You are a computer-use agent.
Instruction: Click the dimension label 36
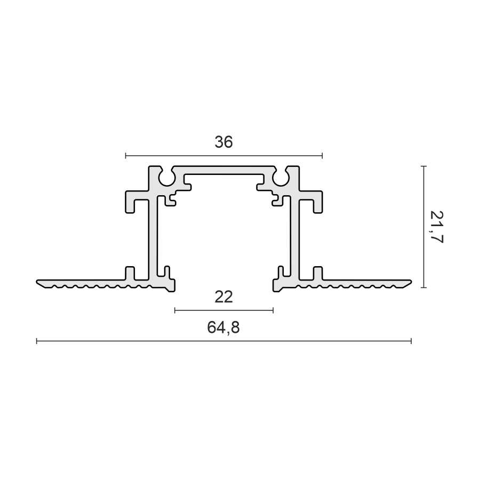click(x=224, y=142)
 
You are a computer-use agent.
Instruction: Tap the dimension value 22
click(x=224, y=297)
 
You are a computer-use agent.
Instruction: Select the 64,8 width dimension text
click(x=223, y=327)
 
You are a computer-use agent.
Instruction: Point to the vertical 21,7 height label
click(x=436, y=227)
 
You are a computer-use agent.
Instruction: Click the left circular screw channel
click(x=167, y=179)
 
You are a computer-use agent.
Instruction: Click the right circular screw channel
click(x=281, y=179)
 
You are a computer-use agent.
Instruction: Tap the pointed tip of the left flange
click(x=37, y=281)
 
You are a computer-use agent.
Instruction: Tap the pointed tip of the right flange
click(x=411, y=281)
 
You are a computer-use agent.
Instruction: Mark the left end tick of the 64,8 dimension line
click(x=37, y=341)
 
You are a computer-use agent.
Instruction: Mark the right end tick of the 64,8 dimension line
click(x=411, y=341)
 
